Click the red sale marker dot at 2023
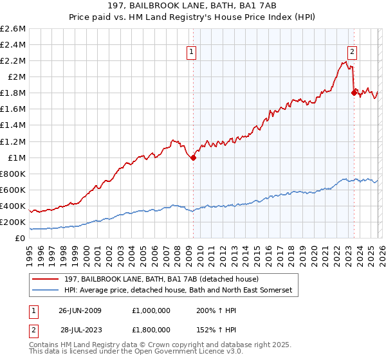[353, 93]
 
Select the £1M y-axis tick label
[15, 157]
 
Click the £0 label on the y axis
[21, 238]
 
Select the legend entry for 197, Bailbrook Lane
[160, 279]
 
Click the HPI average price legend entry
[177, 291]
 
